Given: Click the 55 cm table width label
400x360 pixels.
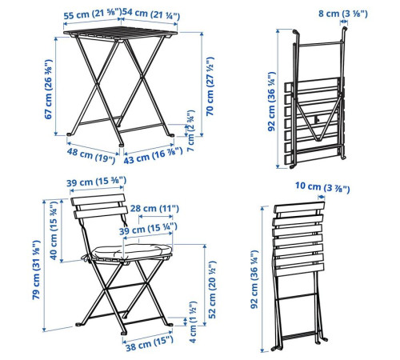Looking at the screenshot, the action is [x=92, y=14].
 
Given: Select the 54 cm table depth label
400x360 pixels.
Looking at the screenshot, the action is [x=151, y=14].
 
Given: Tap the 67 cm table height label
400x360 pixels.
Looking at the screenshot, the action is [x=48, y=89].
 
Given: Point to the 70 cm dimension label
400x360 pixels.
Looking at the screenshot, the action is [x=210, y=86].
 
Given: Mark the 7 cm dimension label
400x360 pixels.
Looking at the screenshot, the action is [x=191, y=130].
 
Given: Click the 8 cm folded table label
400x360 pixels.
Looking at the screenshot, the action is [x=343, y=14].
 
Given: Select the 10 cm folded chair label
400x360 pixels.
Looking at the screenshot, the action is [x=322, y=187].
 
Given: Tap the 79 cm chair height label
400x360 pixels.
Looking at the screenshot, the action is [x=36, y=270].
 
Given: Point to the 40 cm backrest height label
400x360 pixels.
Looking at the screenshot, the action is [x=54, y=230].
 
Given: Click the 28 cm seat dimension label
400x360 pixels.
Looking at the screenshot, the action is [x=154, y=208].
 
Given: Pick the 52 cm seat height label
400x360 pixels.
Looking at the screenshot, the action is [x=212, y=290].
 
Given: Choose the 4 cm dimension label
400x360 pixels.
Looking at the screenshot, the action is [x=193, y=322].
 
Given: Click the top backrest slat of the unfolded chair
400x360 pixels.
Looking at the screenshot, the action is [x=98, y=199].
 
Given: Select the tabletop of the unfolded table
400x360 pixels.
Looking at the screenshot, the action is [x=121, y=34].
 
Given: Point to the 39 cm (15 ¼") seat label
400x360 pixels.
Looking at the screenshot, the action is [x=148, y=229].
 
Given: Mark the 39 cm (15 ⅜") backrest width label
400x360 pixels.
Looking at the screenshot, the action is [x=96, y=182].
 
